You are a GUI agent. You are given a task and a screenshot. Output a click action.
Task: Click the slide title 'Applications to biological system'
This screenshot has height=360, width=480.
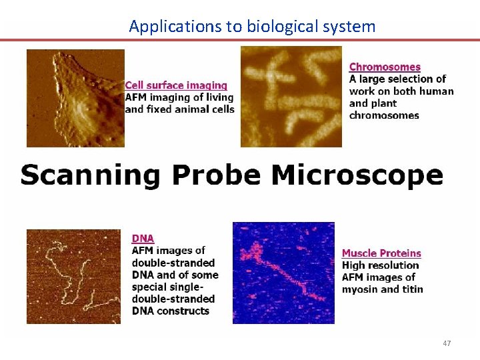point(252,26)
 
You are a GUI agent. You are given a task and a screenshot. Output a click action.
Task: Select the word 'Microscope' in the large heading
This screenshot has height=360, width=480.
point(357,176)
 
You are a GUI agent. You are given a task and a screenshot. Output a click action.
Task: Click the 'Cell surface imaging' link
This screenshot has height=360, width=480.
point(176,85)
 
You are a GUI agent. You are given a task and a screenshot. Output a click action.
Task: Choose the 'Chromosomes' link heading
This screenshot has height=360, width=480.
point(385,67)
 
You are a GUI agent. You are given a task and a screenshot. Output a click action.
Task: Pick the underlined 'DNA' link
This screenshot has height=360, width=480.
point(143,238)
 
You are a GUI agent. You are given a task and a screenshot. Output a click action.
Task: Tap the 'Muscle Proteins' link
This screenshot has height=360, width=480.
point(381,253)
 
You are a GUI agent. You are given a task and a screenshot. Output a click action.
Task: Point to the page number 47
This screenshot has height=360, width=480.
point(447,343)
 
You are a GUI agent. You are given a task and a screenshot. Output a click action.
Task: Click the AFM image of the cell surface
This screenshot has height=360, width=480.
point(75,98)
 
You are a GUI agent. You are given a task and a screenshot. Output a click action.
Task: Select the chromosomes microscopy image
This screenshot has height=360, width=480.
point(291,97)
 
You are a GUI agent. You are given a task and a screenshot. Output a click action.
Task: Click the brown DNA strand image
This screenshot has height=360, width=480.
point(73,277)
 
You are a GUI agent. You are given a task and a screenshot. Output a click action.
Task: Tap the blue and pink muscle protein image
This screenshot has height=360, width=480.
point(283,273)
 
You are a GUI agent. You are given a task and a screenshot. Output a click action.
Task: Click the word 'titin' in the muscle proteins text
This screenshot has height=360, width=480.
point(411,289)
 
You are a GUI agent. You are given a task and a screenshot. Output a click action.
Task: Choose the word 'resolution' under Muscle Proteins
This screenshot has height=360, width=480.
point(391,265)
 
